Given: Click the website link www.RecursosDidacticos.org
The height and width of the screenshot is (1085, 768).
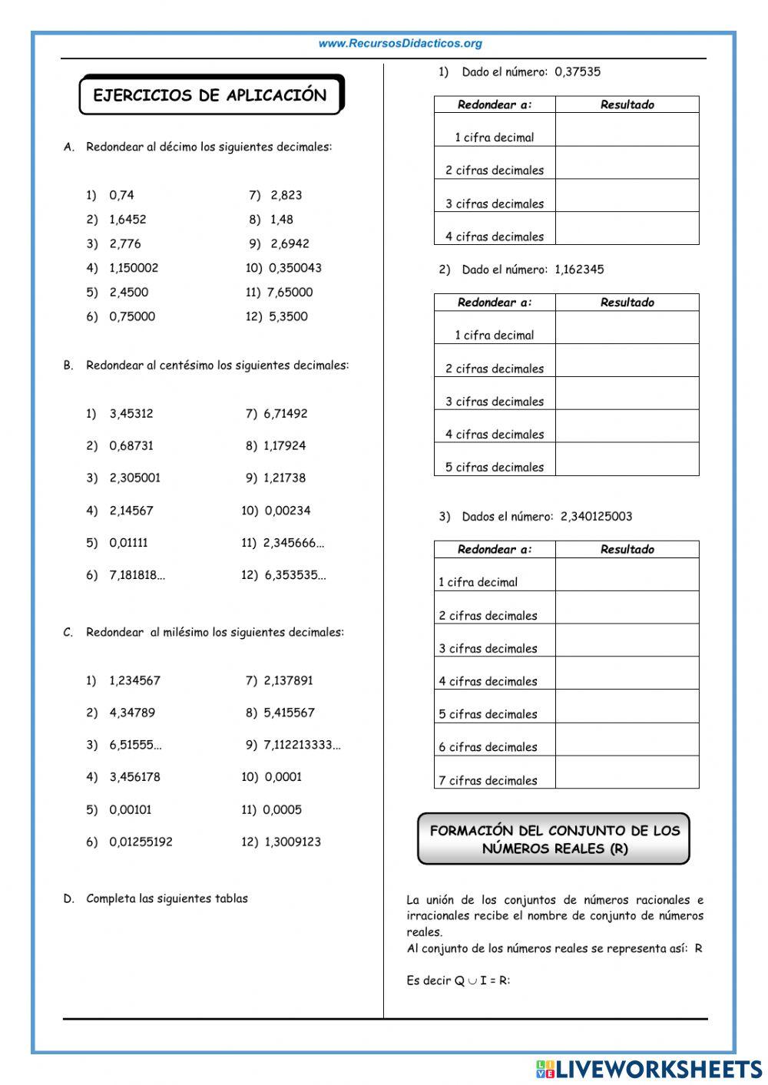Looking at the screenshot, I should coord(400,44).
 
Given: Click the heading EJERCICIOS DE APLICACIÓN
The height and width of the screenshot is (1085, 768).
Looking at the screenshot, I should coord(210,95).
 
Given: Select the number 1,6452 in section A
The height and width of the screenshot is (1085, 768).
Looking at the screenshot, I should coord(127,220).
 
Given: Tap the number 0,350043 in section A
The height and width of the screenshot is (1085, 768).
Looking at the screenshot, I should coord(295,268).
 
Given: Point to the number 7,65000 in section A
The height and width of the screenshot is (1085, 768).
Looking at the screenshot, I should coord(290,293).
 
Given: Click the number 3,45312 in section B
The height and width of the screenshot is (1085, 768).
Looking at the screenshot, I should coord(131,414).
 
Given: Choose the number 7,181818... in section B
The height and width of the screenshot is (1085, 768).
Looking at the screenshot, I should coord(137,575).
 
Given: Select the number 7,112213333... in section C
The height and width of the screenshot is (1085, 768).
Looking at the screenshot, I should coord(302,745).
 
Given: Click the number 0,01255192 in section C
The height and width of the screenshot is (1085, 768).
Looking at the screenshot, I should coord(141,842).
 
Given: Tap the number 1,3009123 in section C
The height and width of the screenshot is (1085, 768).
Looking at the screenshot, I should coord(293,842).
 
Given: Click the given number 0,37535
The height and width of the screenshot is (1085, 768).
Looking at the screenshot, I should coord(578,72).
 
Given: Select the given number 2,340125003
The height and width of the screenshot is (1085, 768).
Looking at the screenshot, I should coord(596,517).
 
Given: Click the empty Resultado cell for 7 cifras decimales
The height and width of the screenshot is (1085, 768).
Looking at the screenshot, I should coord(627,772).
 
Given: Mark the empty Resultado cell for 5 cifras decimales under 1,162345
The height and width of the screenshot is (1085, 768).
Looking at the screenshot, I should coord(627,459).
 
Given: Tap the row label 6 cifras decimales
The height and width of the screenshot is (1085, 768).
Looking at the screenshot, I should coord(488,747).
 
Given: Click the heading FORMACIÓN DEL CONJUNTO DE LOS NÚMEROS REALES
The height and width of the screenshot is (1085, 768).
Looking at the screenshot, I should coord(554,839).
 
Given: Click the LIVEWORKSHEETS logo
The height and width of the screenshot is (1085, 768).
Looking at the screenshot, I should coord(649,1068).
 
